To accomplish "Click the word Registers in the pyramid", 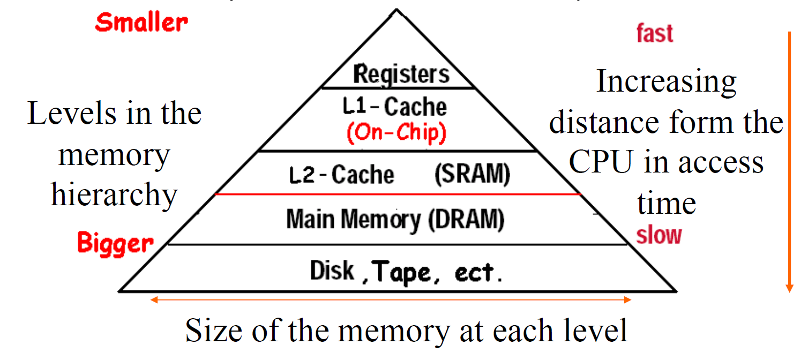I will pos(401,74).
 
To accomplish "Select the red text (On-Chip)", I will pos(396,133).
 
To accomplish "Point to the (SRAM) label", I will pos(472,175).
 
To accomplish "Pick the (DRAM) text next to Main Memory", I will pos(466,220).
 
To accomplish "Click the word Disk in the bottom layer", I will pos(332,271).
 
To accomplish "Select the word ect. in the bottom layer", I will pos(478,273).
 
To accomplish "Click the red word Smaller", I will pos(141,22).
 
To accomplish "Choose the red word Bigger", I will pos(115,244).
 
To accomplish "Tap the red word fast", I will pos(654,33).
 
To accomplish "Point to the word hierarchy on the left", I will pos(114,195).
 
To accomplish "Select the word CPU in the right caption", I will pos(601,162).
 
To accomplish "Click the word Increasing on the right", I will pos(667,82).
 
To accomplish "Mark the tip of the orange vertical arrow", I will pos(789,291).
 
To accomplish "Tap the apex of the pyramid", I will pos(396,10).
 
